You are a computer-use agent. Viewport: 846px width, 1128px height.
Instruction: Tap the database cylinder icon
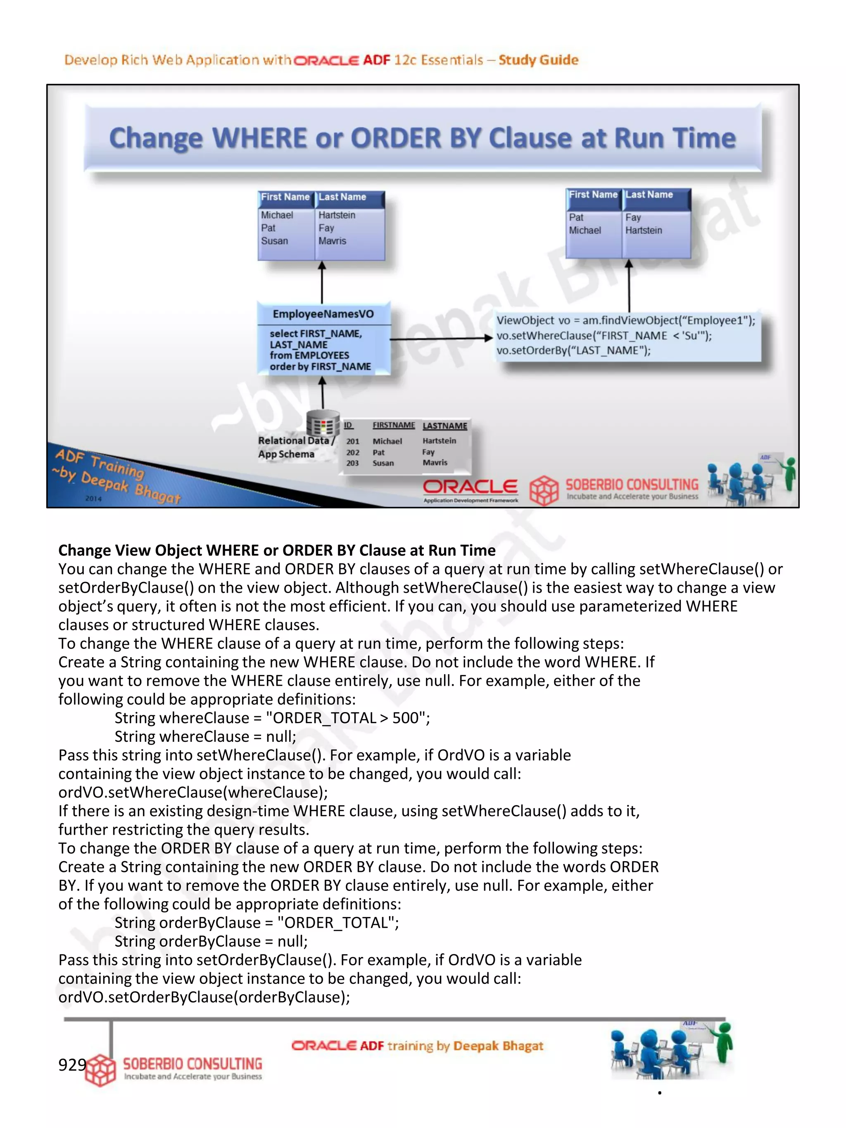click(x=323, y=424)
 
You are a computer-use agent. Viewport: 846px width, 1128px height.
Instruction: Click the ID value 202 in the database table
click(x=353, y=452)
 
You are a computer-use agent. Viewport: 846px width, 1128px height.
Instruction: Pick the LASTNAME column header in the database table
click(x=444, y=426)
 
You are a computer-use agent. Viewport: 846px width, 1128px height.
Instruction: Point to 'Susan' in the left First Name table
click(x=274, y=241)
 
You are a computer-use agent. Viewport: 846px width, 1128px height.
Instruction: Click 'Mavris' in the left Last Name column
click(x=332, y=241)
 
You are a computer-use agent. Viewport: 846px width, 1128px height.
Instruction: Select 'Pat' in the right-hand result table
click(x=576, y=217)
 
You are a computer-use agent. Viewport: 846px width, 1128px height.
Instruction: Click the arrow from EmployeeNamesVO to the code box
click(x=441, y=338)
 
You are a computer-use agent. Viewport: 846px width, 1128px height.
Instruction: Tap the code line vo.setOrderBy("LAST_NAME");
click(x=573, y=351)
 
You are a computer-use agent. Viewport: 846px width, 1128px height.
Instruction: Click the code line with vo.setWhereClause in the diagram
click(x=604, y=335)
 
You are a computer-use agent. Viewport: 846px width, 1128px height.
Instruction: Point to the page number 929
click(x=72, y=1064)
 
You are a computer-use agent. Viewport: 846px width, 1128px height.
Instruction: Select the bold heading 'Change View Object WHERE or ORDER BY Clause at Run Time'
click(x=276, y=550)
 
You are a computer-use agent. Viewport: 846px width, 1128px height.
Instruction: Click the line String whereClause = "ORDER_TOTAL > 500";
click(x=272, y=718)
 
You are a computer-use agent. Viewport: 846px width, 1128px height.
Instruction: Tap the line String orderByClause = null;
click(x=211, y=941)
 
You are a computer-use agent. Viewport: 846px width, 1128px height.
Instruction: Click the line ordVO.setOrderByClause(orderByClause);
click(x=204, y=997)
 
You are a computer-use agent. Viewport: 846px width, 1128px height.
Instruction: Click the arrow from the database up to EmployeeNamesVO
click(x=322, y=393)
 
